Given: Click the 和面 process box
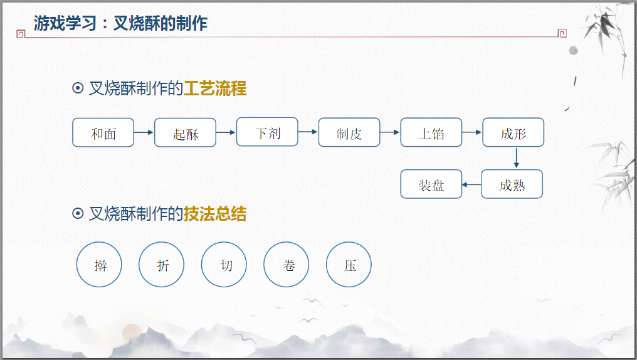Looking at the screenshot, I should pyautogui.click(x=103, y=132).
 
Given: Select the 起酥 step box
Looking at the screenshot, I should pyautogui.click(x=185, y=133).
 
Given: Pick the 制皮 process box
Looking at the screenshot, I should pyautogui.click(x=349, y=132).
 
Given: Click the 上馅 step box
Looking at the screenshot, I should pyautogui.click(x=431, y=132).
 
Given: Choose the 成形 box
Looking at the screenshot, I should pyautogui.click(x=513, y=132).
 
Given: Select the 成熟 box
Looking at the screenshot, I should pyautogui.click(x=512, y=184).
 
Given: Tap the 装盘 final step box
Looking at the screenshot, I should pyautogui.click(x=431, y=184).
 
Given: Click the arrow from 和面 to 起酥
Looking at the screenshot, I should pyautogui.click(x=144, y=132).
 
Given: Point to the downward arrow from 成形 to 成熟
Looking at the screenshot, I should pyautogui.click(x=516, y=158).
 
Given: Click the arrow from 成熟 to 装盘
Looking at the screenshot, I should pyautogui.click(x=471, y=184).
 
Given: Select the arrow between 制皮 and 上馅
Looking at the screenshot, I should pyautogui.click(x=390, y=132).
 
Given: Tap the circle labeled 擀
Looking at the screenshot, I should pyautogui.click(x=99, y=265).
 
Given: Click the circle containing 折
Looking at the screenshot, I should pyautogui.click(x=162, y=265).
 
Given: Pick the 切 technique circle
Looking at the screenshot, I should pyautogui.click(x=224, y=265).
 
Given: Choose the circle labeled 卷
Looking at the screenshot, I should pyautogui.click(x=287, y=265).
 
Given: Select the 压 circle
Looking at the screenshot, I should pyautogui.click(x=349, y=265).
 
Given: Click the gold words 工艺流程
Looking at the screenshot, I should pyautogui.click(x=215, y=88).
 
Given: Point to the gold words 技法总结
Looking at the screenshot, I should pyautogui.click(x=215, y=214).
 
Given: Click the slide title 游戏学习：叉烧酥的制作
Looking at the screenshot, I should pyautogui.click(x=120, y=24).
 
